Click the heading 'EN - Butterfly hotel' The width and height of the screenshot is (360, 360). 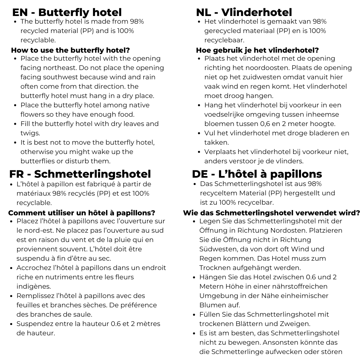[x=67, y=12]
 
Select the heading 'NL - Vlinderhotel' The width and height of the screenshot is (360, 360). [x=244, y=12]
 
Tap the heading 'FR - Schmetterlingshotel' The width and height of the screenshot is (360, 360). [x=80, y=174]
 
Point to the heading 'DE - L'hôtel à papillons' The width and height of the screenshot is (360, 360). [x=257, y=174]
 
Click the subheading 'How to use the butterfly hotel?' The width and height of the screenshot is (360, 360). [x=70, y=50]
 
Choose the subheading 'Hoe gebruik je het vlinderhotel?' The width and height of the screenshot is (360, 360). [x=257, y=50]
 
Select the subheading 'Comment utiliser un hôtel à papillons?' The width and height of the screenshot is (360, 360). [x=82, y=213]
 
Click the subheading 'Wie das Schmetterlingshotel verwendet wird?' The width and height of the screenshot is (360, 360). [x=271, y=213]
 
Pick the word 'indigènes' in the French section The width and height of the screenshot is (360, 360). [x=33, y=286]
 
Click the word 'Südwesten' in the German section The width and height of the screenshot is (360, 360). [x=218, y=249]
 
